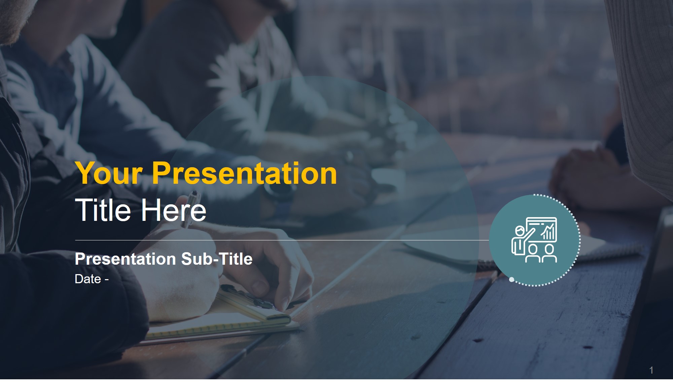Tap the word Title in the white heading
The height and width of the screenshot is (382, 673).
(103, 210)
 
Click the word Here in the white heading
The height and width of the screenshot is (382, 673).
(174, 210)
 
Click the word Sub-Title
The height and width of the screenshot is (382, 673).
(217, 259)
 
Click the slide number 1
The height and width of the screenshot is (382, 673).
(651, 370)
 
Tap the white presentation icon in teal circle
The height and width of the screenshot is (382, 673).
(534, 240)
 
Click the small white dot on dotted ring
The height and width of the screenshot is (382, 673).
(511, 280)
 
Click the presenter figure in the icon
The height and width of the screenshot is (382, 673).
(521, 240)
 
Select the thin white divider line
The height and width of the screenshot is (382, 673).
(282, 240)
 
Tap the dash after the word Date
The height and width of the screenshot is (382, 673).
(106, 280)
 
